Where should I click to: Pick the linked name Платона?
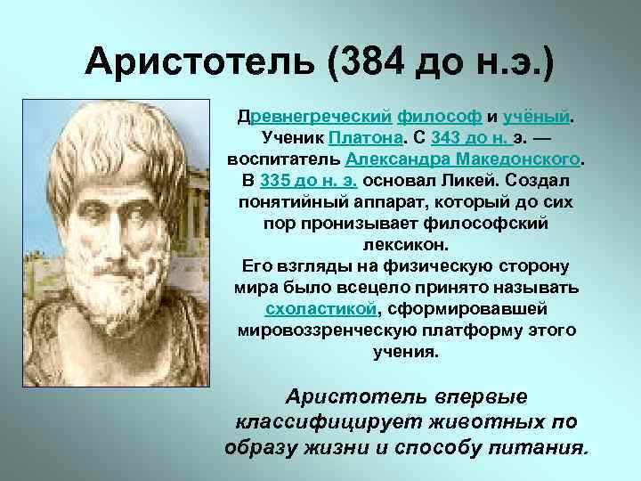coord(362,138)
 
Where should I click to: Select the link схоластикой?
coord(321,309)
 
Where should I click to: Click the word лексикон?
coord(405,244)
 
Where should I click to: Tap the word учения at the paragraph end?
coord(405,352)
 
